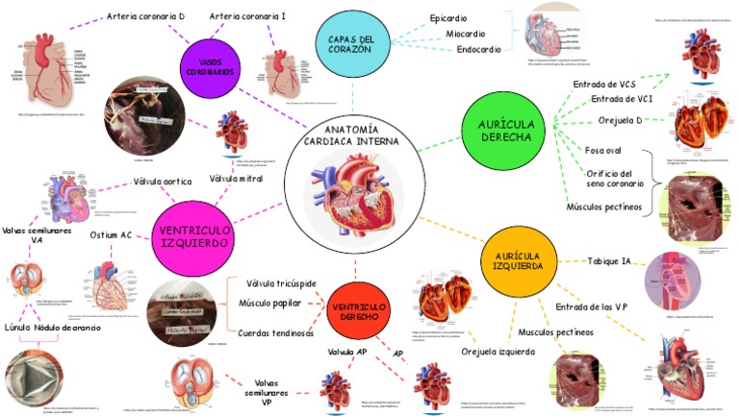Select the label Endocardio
coord(478,49)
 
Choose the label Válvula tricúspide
coord(281,283)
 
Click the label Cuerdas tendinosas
coord(275,333)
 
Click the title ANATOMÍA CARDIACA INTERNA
coord(353,135)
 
